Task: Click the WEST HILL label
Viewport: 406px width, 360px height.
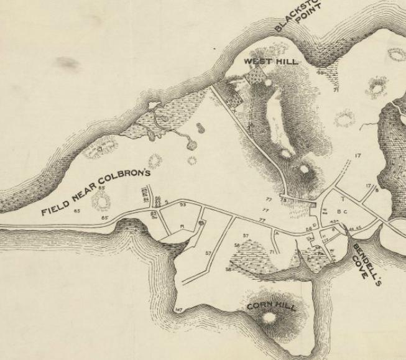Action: point(270,61)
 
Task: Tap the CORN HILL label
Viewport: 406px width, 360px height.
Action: point(272,307)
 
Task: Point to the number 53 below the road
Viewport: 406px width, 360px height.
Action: point(183,204)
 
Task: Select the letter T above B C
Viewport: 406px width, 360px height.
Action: point(342,199)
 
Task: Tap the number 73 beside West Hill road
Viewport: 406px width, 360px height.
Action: point(284,200)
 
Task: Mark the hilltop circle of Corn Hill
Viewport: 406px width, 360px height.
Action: point(270,318)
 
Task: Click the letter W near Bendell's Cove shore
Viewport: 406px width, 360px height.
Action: point(331,251)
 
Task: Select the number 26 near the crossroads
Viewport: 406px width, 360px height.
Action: point(308,229)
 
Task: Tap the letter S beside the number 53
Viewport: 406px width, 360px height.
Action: point(167,202)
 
